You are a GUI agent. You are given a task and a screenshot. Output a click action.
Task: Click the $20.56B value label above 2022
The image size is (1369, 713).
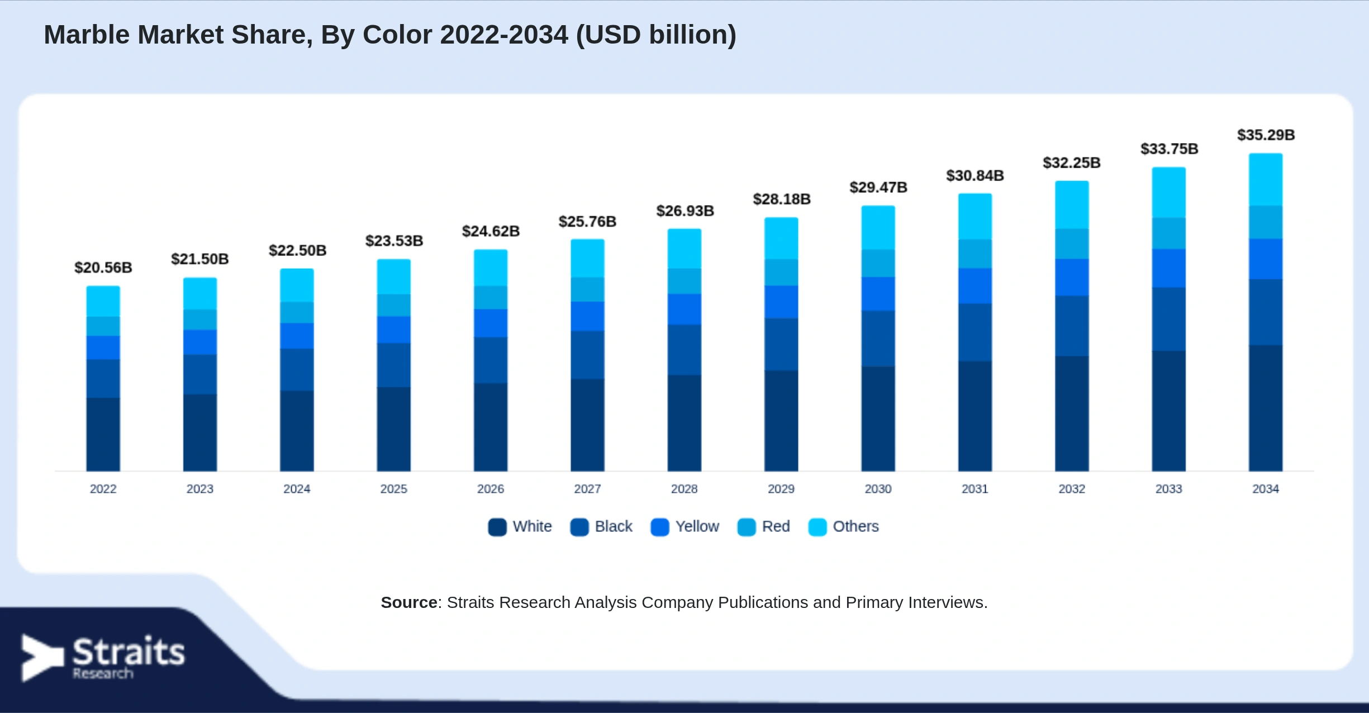point(103,268)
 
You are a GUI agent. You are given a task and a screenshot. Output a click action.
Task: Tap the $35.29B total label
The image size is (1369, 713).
point(1266,135)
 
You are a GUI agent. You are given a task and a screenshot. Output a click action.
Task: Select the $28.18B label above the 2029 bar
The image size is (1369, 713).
point(781,199)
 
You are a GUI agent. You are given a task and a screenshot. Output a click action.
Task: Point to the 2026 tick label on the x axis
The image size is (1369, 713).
point(491,489)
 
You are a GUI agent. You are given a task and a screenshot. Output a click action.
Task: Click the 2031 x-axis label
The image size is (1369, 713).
point(975,489)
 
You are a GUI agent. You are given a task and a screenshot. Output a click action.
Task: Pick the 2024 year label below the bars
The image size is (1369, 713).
point(297,489)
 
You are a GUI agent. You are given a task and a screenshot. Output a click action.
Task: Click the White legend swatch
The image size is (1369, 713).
point(497,527)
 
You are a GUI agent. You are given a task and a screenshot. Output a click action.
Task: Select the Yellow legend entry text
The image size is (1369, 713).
point(697,526)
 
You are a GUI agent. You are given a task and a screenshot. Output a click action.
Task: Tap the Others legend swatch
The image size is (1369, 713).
point(817,527)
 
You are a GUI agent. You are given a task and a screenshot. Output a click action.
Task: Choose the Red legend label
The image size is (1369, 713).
point(776,526)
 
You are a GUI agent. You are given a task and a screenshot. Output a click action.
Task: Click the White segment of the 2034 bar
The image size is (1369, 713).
point(1266,408)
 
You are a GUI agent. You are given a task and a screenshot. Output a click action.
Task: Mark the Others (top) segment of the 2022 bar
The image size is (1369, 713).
point(103,302)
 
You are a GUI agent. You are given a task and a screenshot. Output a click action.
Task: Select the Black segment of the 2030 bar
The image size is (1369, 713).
point(878,339)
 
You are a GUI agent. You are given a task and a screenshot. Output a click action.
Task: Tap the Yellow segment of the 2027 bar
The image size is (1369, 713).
point(587,316)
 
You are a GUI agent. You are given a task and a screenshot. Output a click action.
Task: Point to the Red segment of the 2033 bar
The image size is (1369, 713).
point(1168,233)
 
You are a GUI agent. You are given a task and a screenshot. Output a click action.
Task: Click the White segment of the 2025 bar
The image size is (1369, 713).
point(394,429)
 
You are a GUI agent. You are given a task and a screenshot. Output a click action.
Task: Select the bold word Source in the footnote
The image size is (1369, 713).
point(409,602)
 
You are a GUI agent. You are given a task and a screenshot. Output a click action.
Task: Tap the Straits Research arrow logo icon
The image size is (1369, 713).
point(42,658)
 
